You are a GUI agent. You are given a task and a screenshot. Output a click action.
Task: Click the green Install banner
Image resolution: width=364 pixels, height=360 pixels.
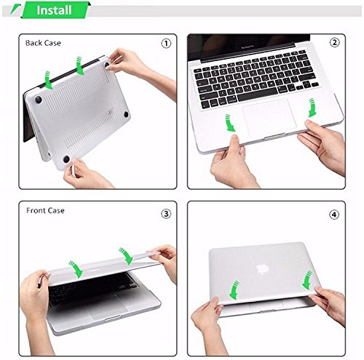coord(55,10)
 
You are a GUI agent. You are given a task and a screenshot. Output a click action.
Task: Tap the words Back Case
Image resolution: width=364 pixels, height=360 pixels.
coord(43,43)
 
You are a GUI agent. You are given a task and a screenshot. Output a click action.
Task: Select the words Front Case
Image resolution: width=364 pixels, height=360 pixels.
coord(45,210)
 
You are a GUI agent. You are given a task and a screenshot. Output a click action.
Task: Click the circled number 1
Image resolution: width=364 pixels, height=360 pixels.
coord(166,44)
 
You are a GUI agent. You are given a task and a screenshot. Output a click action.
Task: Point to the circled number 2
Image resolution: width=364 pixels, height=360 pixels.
coord(334,43)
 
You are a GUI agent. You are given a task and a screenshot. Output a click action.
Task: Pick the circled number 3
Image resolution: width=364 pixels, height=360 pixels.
coord(166,214)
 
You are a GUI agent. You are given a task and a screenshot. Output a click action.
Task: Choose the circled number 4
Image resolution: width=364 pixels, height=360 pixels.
coord(334,215)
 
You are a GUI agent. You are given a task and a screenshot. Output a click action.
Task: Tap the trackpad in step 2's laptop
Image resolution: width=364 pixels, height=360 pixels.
coord(269,118)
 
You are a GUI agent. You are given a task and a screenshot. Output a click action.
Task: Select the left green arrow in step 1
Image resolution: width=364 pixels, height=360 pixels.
coord(49,80)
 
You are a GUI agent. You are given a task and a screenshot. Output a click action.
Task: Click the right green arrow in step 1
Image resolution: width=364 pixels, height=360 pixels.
coord(80,65)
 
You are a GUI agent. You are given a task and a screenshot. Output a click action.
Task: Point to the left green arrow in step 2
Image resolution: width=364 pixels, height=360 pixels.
coord(230,123)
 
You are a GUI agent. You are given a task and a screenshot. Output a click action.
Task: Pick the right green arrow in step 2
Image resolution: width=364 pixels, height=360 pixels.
coord(312,108)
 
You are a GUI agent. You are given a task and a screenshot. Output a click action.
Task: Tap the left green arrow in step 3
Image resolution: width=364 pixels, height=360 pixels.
coord(76,270)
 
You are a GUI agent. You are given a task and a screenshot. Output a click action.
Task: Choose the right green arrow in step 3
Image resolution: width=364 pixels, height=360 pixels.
coord(126,256)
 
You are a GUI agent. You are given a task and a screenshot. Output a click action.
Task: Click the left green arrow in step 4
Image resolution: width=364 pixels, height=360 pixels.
coord(234,290)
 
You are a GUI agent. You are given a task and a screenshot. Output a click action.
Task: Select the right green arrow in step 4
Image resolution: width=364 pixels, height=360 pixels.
coord(307,280)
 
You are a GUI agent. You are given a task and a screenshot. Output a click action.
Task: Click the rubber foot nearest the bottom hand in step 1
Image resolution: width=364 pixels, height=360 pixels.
coord(66,159)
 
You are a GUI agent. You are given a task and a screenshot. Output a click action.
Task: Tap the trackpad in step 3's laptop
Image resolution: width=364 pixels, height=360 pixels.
coord(108,308)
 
